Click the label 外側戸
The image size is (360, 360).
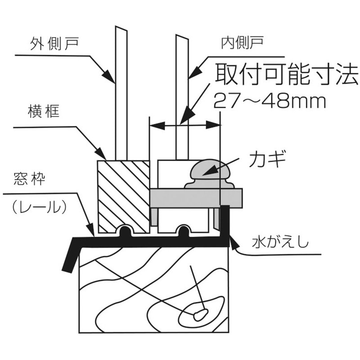coord(54,44)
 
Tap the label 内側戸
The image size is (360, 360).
coord(242,43)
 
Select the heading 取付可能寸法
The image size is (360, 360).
coord(286,74)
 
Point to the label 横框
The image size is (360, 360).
coord(44,111)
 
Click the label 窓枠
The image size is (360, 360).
coord(29,178)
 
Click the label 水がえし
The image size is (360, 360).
coord(280,243)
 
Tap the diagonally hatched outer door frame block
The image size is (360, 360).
coord(123,197)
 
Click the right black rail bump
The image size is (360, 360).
coord(184,231)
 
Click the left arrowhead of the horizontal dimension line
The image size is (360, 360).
coord(157,126)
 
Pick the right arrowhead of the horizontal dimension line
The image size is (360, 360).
coord(213,126)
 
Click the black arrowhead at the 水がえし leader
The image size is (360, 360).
coord(234,244)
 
